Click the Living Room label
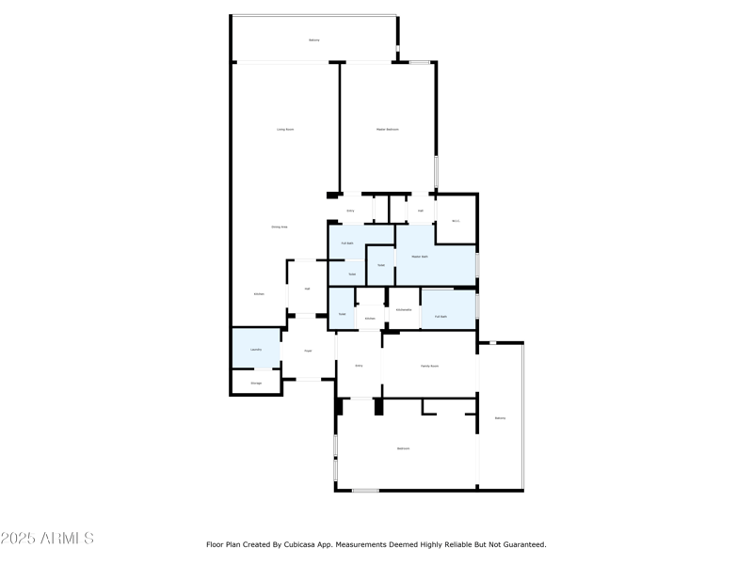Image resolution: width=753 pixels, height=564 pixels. [285, 129]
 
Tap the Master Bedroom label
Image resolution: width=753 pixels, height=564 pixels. [388, 129]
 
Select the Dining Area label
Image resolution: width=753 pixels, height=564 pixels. [280, 227]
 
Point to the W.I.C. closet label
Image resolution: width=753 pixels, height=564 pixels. [456, 221]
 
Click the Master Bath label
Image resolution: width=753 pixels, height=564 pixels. [418, 256]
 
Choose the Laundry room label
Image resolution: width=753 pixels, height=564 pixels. [256, 349]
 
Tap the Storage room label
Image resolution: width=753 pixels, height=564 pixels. [256, 383]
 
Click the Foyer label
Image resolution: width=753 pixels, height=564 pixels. [308, 351]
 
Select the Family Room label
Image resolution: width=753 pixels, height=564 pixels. [429, 366]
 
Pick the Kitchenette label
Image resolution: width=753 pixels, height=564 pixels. [404, 309]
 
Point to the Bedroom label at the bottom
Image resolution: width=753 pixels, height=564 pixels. [403, 448]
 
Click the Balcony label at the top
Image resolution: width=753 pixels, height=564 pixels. [314, 39]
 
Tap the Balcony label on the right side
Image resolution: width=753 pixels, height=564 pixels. [500, 417]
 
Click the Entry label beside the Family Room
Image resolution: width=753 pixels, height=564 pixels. [359, 365]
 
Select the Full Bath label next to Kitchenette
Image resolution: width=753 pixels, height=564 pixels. [441, 316]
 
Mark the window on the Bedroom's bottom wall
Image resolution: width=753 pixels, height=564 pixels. [365, 490]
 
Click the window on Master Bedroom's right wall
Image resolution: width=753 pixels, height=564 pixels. [436, 174]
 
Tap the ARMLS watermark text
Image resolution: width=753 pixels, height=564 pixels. [47, 539]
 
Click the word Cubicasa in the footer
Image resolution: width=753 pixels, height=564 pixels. [304, 544]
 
